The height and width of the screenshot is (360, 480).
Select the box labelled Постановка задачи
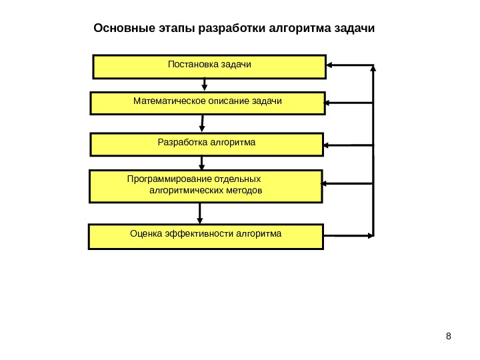click(209, 67)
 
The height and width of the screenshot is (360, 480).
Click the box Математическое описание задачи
click(207, 103)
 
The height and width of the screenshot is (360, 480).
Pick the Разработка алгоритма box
click(206, 144)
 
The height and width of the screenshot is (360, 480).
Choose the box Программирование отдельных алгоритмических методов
click(205, 186)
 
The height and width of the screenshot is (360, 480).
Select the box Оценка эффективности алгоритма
click(205, 237)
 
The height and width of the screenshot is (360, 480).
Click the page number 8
click(448, 335)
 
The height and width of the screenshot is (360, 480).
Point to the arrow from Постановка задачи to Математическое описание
click(205, 85)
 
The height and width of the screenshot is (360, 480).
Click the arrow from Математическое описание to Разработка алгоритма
click(203, 124)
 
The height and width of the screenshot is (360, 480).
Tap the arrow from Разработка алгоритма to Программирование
click(203, 163)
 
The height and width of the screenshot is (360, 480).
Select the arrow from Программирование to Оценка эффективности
click(199, 213)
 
